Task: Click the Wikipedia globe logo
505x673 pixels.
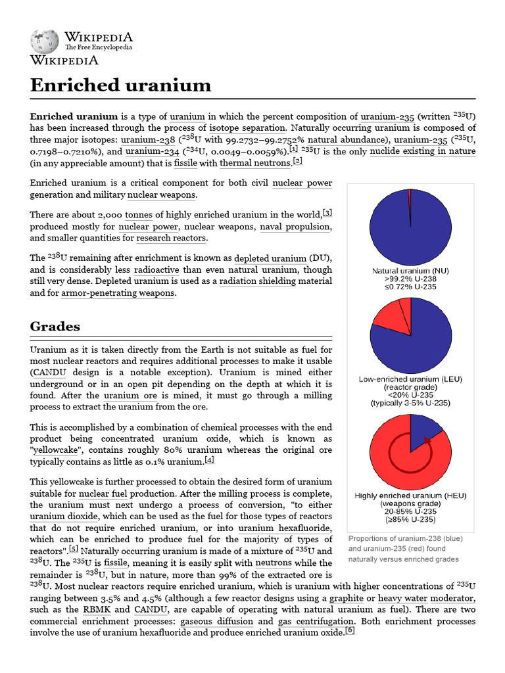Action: tap(45, 41)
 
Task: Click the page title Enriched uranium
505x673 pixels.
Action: tap(121, 85)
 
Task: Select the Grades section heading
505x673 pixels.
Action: tap(55, 326)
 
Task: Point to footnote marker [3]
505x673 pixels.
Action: tap(327, 212)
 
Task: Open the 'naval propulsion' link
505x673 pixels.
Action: tap(294, 226)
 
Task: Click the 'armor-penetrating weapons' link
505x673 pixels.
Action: tap(118, 293)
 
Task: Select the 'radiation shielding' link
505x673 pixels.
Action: tap(257, 281)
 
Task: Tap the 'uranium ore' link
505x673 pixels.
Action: tap(130, 396)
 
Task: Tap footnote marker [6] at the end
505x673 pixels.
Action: tap(350, 631)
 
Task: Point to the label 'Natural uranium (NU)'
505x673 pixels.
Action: tap(410, 270)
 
